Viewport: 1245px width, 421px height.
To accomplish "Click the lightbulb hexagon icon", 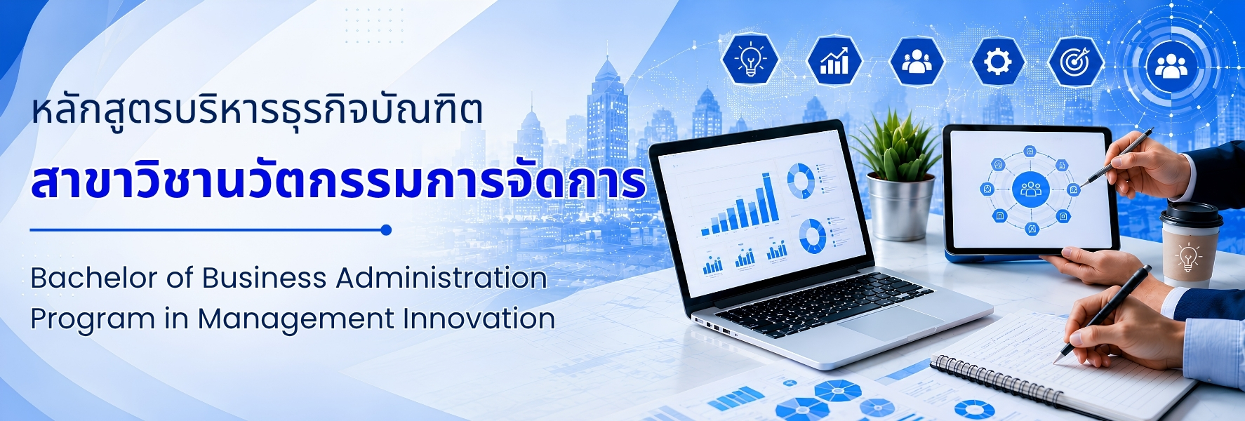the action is point(750,60).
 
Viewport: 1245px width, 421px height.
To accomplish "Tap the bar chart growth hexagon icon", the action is point(834,60).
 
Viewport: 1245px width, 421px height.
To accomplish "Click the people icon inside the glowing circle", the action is point(1171,65).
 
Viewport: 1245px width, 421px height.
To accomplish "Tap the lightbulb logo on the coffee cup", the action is point(1188,257).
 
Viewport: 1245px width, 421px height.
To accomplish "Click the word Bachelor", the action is point(94,278).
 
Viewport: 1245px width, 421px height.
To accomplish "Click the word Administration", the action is point(441,278).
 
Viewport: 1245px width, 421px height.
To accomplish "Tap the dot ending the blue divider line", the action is point(385,229).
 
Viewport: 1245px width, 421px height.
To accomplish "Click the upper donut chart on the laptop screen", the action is point(800,180).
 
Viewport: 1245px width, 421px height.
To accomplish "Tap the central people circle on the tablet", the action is point(1030,189).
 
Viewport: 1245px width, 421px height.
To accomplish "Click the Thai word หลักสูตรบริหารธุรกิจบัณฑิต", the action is point(257,112).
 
